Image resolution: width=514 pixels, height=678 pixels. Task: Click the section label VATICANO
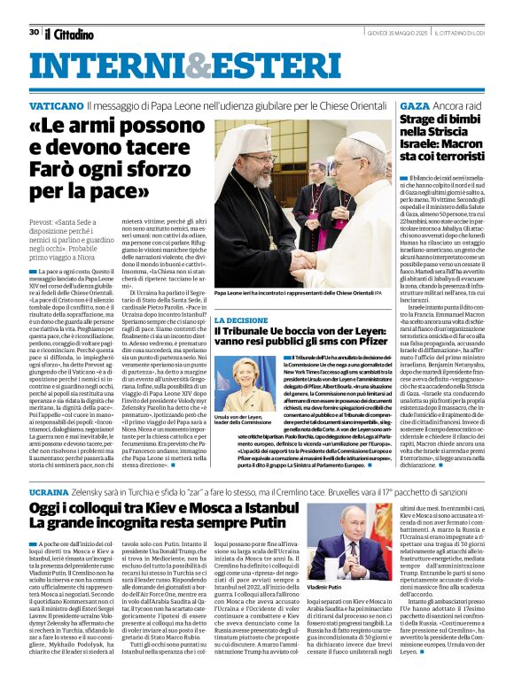click(56, 105)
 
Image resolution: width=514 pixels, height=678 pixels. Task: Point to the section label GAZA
click(414, 105)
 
